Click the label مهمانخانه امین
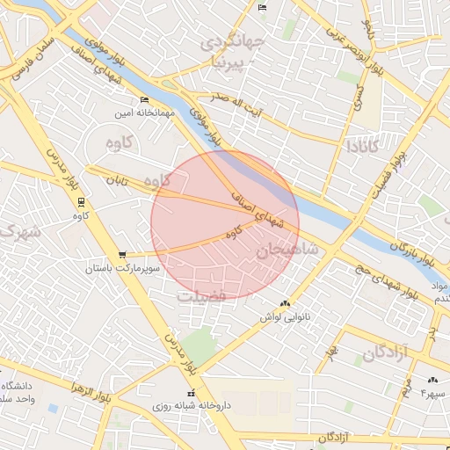pos(146,113)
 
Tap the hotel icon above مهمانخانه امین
pos(145,100)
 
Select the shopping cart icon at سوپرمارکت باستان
pos(121,254)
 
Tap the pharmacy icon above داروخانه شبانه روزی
pos(190,394)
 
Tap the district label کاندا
pos(364,144)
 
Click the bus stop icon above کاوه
pos(81,201)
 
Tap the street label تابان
pos(118,180)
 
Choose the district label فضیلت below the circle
pos(201,296)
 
